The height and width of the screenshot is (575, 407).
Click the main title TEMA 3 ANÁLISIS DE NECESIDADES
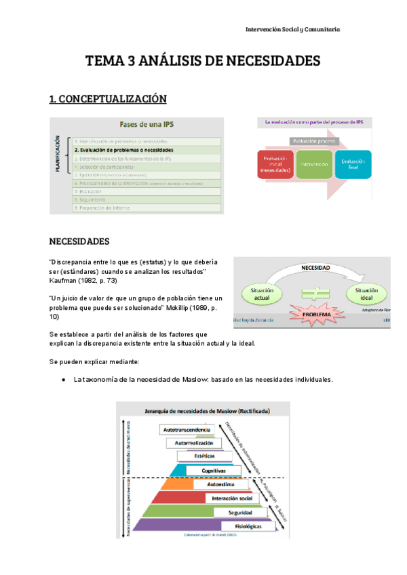pos(203,62)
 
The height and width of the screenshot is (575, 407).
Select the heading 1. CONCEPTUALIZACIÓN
pos(108,99)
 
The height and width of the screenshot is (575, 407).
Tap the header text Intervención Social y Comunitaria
pos(292,30)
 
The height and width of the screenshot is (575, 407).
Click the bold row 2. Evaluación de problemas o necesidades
pos(123,149)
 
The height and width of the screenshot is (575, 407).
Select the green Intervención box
pos(314,165)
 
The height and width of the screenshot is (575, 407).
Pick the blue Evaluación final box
pos(353,165)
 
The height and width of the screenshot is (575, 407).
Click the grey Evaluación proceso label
pos(314,141)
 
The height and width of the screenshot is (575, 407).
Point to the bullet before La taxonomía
pos(62,380)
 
